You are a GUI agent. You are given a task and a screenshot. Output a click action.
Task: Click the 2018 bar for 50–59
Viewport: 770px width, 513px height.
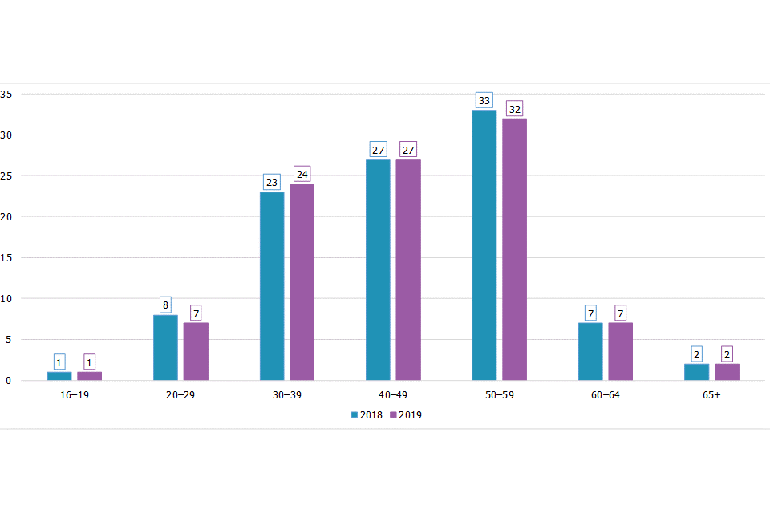point(484,244)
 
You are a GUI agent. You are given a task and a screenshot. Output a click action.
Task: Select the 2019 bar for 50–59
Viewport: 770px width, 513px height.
point(515,248)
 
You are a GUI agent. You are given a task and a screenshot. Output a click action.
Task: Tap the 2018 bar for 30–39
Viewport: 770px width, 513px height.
point(272,285)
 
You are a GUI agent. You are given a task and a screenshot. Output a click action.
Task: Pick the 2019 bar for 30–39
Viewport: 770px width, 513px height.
point(302,281)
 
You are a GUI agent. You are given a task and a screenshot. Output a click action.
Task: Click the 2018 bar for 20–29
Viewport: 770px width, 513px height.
point(165,347)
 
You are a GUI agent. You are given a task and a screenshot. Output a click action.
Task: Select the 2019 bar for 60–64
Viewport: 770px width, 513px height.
point(620,351)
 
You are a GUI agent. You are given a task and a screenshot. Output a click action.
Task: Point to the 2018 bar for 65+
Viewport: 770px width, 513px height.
point(696,372)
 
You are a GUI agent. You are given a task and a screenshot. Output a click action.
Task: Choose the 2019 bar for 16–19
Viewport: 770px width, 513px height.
point(89,376)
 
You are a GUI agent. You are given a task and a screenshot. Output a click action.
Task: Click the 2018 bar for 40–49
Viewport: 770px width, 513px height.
point(378,269)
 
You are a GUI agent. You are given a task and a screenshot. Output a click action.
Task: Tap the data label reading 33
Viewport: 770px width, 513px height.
point(484,101)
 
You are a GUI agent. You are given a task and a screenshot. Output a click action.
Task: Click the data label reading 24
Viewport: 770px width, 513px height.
point(302,174)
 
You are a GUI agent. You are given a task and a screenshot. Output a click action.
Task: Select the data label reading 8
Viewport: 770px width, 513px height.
point(165,305)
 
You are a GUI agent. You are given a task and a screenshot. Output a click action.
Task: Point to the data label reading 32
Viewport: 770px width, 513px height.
point(515,109)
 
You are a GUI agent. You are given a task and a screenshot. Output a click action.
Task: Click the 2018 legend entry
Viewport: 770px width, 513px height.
point(366,415)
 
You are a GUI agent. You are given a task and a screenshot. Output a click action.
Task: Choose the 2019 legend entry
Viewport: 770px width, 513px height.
point(405,415)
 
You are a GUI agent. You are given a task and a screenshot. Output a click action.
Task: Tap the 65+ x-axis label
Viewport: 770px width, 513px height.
point(711,396)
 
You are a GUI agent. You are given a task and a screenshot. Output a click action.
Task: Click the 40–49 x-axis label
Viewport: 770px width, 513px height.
point(393,396)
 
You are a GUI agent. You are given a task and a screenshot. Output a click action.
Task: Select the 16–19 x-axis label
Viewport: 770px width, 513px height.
point(75,396)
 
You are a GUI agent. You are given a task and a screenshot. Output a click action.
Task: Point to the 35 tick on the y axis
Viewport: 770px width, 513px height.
point(6,95)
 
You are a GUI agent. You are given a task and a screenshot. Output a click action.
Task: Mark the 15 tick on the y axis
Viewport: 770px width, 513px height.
point(6,258)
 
